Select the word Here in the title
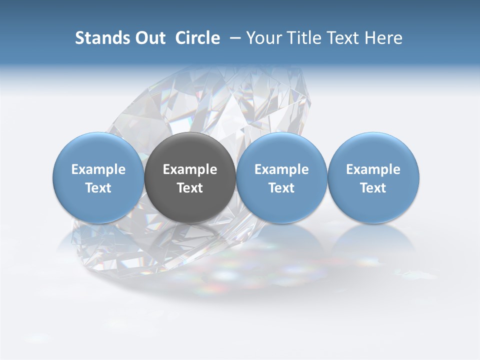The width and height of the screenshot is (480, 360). [383, 38]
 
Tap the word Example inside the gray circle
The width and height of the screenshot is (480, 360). [190, 169]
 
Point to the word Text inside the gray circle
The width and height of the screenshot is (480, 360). [190, 188]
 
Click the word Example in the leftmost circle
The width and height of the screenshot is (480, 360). [98, 169]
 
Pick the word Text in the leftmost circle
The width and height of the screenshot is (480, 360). [98, 188]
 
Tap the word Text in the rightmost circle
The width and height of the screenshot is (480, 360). [373, 188]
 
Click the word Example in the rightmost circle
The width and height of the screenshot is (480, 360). [373, 169]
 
